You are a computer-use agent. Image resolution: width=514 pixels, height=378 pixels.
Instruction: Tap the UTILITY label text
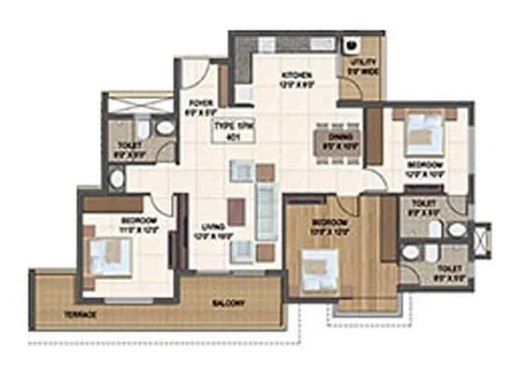[x=364, y=63]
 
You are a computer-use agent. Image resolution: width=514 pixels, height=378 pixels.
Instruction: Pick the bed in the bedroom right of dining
[x=417, y=136]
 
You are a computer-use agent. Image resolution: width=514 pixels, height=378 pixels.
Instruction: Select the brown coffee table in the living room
[x=236, y=213]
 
